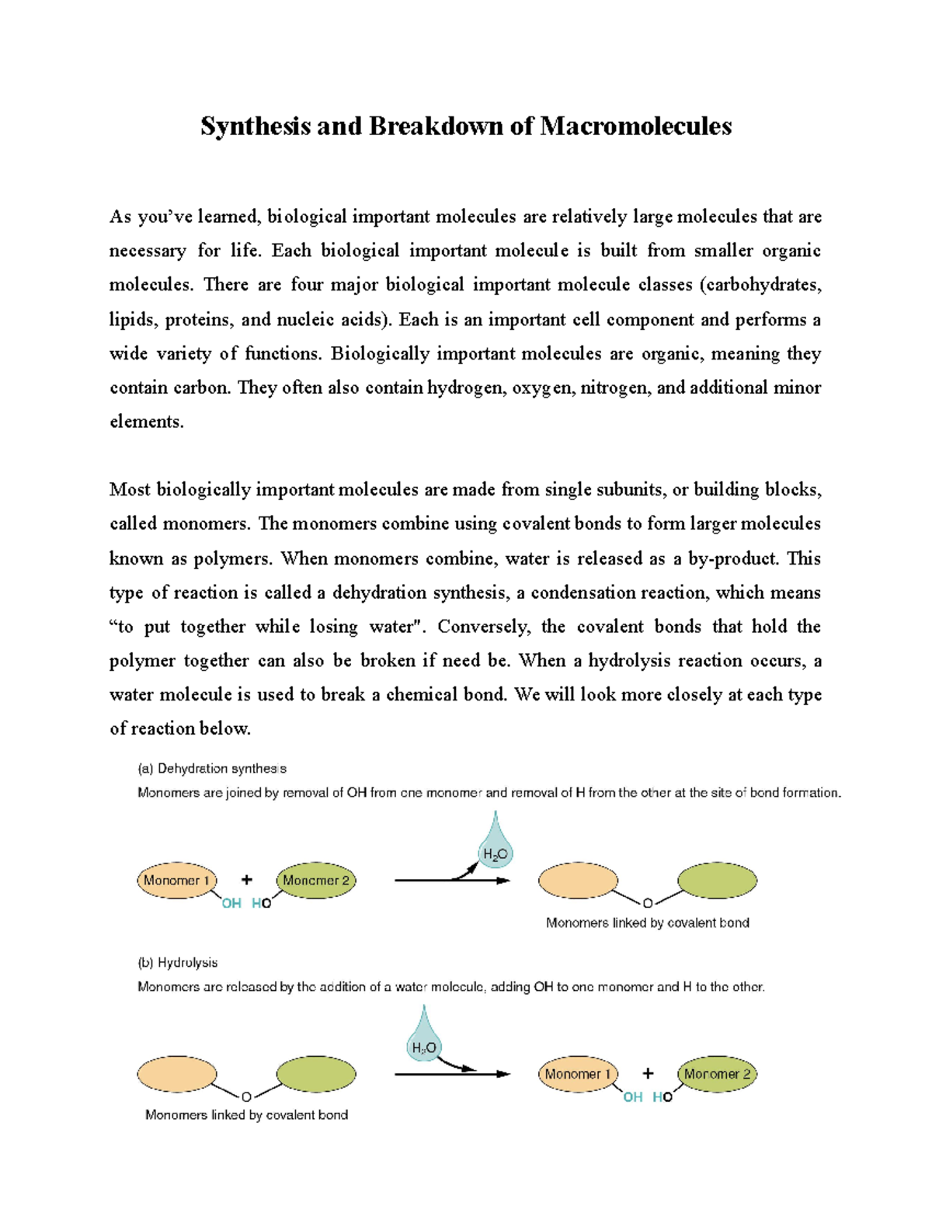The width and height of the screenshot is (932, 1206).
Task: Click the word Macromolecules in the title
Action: click(635, 126)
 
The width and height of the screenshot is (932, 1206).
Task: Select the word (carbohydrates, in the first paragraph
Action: click(760, 285)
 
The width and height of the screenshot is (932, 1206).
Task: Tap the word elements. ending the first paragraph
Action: click(147, 422)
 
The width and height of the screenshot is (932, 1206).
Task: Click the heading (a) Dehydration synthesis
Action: click(212, 769)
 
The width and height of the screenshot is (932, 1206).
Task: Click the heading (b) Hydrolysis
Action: click(178, 963)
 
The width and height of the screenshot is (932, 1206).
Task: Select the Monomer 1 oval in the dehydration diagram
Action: click(177, 881)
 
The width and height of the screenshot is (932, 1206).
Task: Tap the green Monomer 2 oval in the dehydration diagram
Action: click(316, 881)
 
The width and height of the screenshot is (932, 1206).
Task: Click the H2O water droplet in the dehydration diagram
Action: click(495, 846)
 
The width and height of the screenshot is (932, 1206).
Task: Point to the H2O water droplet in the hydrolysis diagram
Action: click(424, 1041)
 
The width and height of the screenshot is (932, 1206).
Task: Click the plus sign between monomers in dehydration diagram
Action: click(247, 880)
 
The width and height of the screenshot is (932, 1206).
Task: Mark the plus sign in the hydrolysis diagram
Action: click(649, 1073)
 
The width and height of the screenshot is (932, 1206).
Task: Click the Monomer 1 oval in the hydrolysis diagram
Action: click(578, 1074)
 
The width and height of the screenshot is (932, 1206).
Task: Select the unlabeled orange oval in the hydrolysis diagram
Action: click(177, 1074)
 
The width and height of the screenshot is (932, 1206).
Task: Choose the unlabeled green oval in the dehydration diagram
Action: click(717, 881)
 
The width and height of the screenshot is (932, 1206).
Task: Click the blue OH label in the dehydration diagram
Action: click(231, 903)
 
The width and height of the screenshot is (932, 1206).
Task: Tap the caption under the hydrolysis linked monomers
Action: click(246, 1115)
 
